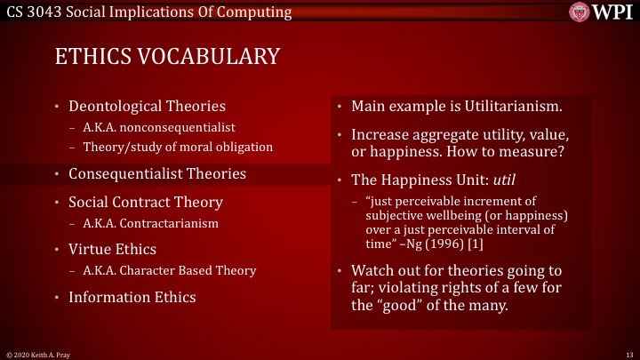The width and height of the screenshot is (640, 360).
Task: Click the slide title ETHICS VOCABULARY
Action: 167,56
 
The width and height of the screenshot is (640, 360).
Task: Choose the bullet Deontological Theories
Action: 147,107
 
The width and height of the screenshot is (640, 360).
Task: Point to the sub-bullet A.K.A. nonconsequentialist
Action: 146,127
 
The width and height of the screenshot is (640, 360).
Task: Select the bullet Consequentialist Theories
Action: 157,173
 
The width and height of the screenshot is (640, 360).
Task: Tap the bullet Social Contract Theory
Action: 146,202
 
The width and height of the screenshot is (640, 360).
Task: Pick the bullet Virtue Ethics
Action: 112,250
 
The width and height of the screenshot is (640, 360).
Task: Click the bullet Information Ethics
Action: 132,298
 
